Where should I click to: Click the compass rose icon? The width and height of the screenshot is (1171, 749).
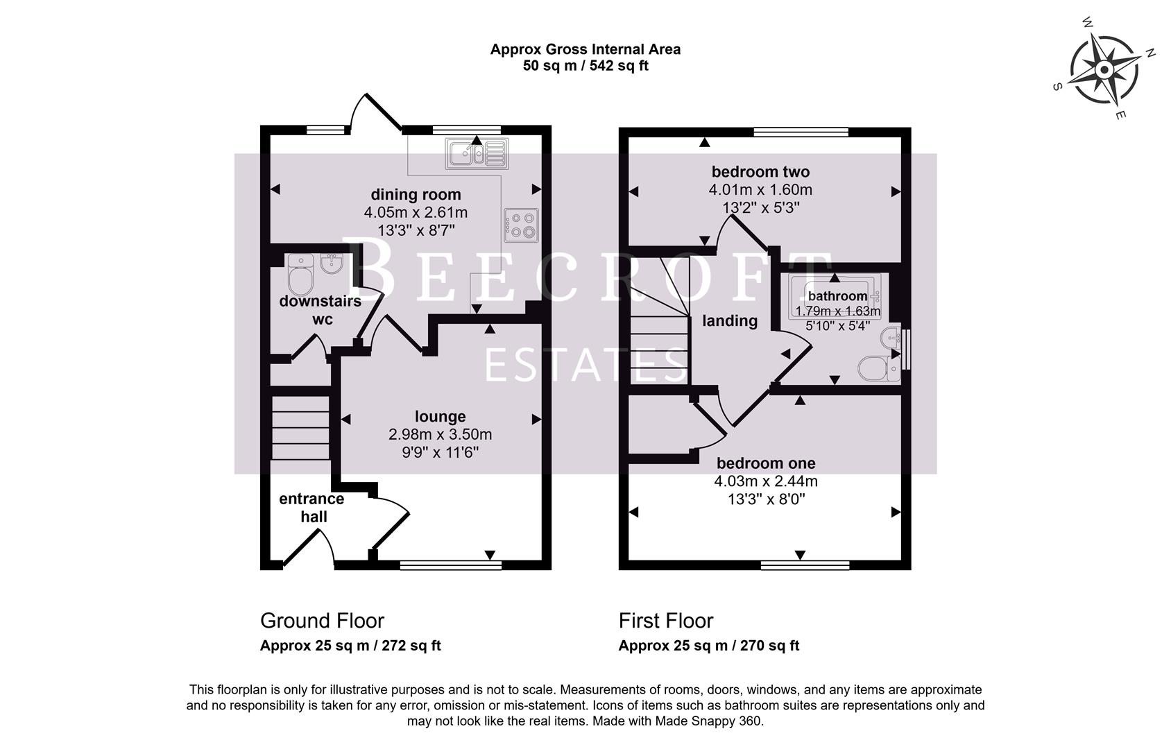(1103, 69)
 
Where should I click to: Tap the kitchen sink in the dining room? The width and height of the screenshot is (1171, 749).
(477, 153)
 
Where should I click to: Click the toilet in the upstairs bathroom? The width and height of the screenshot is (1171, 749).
(878, 368)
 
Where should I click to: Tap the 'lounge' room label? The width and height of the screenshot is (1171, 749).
(440, 416)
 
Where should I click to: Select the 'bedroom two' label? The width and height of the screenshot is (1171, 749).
(760, 171)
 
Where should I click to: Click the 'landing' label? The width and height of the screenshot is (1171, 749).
(729, 320)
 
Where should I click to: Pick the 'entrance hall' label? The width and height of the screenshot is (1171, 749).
(311, 508)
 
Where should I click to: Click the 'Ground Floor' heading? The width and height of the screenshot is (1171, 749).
(322, 620)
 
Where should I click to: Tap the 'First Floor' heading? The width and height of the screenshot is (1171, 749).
(666, 620)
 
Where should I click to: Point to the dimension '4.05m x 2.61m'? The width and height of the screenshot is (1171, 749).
(416, 212)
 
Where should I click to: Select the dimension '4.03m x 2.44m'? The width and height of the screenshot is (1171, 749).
(766, 481)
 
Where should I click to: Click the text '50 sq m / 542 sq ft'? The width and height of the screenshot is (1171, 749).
(585, 67)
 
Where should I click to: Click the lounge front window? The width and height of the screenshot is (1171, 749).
(451, 565)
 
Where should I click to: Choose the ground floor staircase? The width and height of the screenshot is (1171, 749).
(300, 427)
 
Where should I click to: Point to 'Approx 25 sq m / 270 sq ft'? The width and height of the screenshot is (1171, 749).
(708, 646)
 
